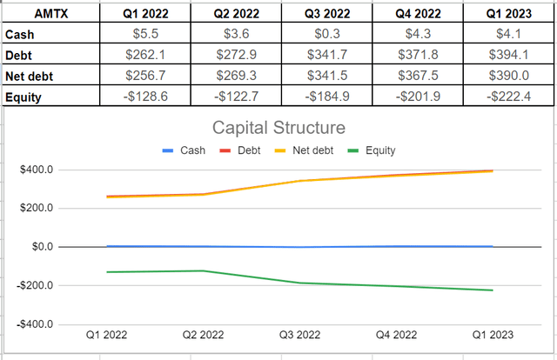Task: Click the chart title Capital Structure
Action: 278,129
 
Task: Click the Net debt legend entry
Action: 301,150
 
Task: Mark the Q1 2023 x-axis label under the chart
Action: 492,335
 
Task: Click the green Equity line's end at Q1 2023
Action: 492,290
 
